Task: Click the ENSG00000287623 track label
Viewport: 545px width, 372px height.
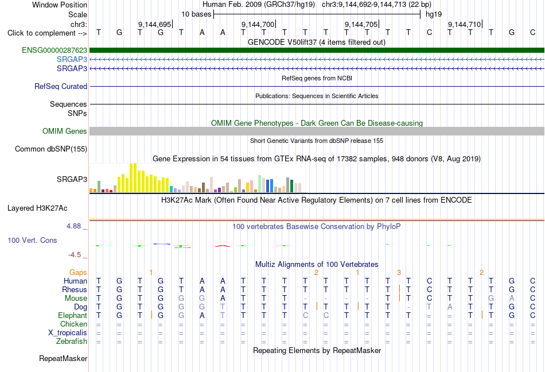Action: pyautogui.click(x=54, y=51)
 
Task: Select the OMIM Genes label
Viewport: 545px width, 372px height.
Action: pyautogui.click(x=65, y=131)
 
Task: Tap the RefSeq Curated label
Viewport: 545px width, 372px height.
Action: pyautogui.click(x=61, y=86)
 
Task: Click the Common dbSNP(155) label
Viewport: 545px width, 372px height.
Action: pyautogui.click(x=51, y=149)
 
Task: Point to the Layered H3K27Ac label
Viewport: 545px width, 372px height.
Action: pyautogui.click(x=37, y=208)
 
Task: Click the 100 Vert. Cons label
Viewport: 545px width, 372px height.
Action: pyautogui.click(x=32, y=240)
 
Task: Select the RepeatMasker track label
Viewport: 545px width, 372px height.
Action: pyautogui.click(x=63, y=358)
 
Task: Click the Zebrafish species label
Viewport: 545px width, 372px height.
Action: pyautogui.click(x=72, y=342)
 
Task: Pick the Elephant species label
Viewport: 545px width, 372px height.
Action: pyautogui.click(x=73, y=315)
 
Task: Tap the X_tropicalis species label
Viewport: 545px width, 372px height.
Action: pyautogui.click(x=68, y=333)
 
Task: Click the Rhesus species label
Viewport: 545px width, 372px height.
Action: pyautogui.click(x=75, y=289)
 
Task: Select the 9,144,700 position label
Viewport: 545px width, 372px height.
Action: pyautogui.click(x=258, y=24)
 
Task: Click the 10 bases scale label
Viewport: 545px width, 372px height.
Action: pyautogui.click(x=196, y=14)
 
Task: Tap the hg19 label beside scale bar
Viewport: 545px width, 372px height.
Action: pyautogui.click(x=434, y=14)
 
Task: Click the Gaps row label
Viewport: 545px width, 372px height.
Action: pyautogui.click(x=78, y=273)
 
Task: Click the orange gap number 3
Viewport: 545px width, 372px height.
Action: pyautogui.click(x=399, y=273)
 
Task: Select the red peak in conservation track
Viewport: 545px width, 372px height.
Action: pyautogui.click(x=223, y=246)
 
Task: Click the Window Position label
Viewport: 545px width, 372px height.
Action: pyautogui.click(x=60, y=5)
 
